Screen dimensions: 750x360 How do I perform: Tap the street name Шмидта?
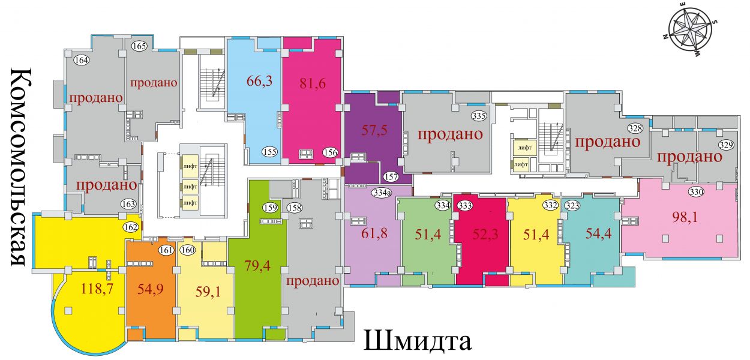coord(418,341)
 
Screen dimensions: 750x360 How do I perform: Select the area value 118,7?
coord(97,289)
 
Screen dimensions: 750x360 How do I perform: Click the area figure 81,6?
coord(313,83)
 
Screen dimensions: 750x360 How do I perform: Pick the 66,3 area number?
coord(259,81)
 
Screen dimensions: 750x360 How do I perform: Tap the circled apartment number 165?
coord(139,46)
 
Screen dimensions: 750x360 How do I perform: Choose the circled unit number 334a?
coord(382,193)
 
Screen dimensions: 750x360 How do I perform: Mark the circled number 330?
coord(696,191)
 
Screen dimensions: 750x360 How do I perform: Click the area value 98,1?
coord(685,218)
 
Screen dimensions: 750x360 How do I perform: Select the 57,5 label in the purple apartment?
coord(374,130)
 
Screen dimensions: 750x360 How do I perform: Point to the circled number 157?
coord(391,176)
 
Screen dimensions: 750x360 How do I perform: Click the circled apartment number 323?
coord(572,205)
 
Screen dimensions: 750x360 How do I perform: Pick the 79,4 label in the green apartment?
coord(257,266)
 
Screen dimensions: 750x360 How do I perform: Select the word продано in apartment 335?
coord(450,134)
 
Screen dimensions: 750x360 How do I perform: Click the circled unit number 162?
coord(131,227)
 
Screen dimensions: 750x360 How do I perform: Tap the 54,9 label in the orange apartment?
coord(151,289)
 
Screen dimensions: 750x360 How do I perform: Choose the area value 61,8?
coord(374,233)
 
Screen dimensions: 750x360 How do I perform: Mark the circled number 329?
coord(726,145)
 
